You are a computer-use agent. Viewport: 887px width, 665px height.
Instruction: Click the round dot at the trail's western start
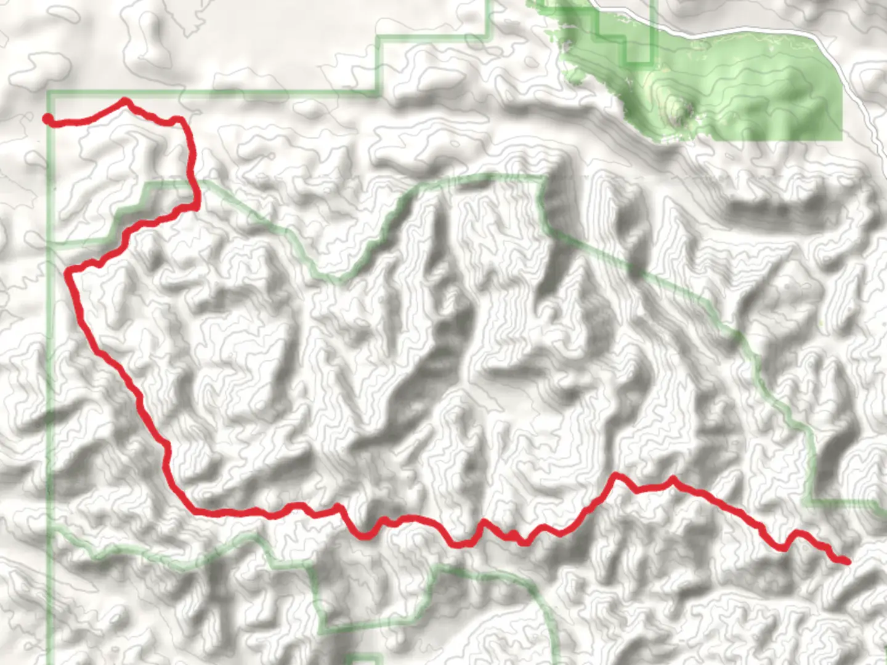pyautogui.click(x=47, y=119)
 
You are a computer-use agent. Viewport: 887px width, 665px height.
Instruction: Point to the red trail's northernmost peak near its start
pyautogui.click(x=126, y=100)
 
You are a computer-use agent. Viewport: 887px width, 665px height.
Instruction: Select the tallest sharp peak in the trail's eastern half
pyautogui.click(x=615, y=475)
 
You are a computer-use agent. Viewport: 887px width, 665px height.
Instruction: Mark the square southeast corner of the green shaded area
pyautogui.click(x=841, y=139)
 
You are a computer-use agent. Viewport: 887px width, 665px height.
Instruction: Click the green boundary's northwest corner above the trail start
pyautogui.click(x=49, y=93)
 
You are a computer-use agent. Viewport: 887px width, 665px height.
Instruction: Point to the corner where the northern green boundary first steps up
pyautogui.click(x=378, y=92)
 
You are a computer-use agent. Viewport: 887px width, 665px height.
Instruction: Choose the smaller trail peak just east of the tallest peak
pyautogui.click(x=672, y=478)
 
